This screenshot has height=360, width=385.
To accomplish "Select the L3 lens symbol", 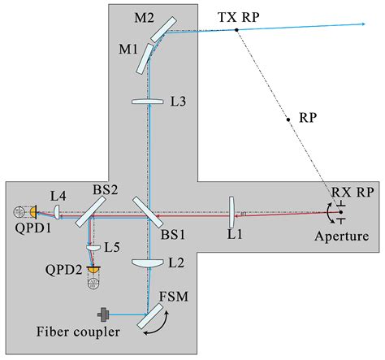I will pos(148,101).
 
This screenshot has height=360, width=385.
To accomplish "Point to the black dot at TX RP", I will pos(236,30).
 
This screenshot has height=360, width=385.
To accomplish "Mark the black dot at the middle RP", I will pos(288,119).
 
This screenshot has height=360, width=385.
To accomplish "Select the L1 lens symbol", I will pos(231,212).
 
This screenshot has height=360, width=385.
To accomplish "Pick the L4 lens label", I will pos(57,195).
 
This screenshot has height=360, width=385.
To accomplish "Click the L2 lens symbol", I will pos(148,263).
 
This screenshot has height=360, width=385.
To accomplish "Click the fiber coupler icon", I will pos(104,314).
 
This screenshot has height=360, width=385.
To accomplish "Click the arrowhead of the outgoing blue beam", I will pos(363,25).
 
